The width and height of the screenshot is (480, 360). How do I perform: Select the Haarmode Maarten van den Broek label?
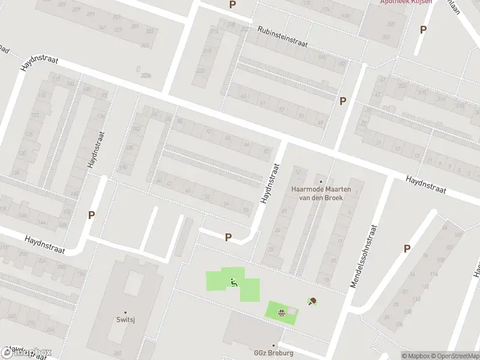click(x=322, y=193)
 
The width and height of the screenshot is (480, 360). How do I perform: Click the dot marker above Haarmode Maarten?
click(x=321, y=182)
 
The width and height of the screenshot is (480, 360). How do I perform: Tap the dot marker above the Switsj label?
click(x=125, y=313)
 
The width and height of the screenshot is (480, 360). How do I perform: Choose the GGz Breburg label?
click(x=274, y=353)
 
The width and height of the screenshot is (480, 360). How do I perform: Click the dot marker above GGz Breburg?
click(x=274, y=345)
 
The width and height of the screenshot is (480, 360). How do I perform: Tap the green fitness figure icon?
click(x=234, y=282)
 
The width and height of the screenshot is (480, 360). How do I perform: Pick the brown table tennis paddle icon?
click(x=312, y=301)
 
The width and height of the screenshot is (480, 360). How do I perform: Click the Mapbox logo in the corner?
click(x=26, y=352)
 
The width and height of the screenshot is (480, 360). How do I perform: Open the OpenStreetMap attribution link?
click(x=451, y=355)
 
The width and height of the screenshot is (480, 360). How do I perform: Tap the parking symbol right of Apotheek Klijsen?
click(x=423, y=29)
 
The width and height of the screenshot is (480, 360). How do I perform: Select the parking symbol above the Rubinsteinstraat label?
click(x=232, y=5)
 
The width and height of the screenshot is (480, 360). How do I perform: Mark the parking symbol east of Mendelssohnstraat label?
click(x=407, y=248)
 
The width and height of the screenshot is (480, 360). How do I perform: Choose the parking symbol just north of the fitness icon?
click(x=228, y=238)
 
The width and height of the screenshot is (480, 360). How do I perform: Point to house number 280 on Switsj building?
click(x=117, y=353)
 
